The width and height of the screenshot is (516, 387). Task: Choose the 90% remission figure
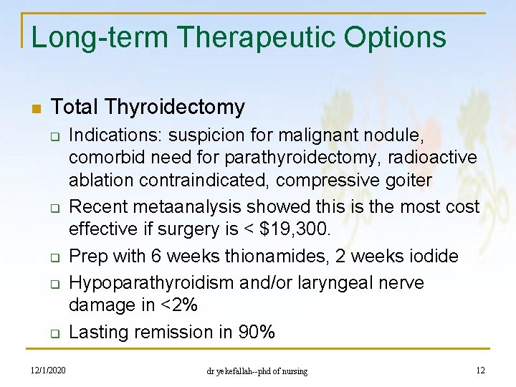(x=257, y=332)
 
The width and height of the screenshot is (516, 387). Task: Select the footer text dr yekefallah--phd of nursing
(x=257, y=371)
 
